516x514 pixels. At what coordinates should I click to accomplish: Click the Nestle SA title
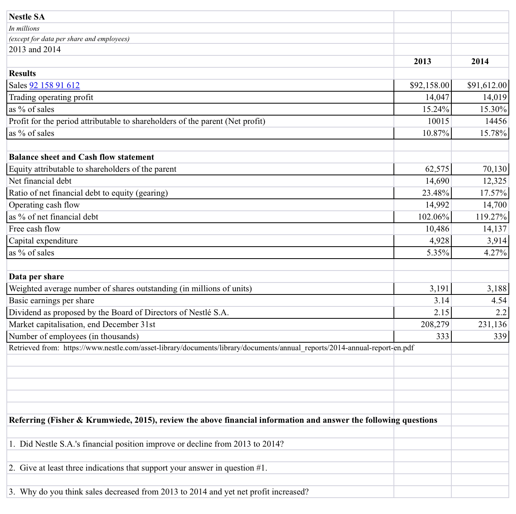27,17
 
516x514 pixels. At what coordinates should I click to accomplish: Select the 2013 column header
422,61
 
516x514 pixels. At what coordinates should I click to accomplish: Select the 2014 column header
480,61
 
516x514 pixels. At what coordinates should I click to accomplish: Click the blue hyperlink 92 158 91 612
55,85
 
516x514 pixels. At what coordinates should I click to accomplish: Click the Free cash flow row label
35,229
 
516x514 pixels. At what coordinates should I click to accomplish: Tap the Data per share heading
36,277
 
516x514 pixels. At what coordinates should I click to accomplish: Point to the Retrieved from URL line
211,348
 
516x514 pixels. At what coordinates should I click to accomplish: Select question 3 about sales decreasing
159,492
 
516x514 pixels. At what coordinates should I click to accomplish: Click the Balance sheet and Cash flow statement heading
81,157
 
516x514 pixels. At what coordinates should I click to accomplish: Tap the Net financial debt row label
40,181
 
